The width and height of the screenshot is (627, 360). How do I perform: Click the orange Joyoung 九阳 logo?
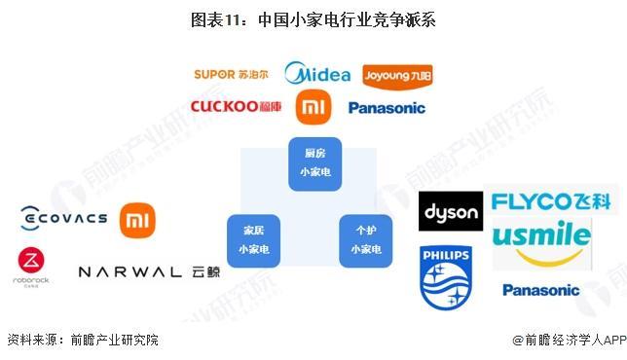coord(396,75)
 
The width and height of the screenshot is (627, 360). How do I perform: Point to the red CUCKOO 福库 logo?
coord(237,106)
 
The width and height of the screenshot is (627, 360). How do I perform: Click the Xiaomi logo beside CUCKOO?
coord(313,106)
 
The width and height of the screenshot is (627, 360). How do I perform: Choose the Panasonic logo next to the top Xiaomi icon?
coord(387,108)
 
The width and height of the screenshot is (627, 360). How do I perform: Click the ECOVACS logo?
coord(63,218)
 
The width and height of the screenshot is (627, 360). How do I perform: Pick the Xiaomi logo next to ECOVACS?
coord(137,219)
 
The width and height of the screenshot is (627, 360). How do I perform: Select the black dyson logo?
coord(450,211)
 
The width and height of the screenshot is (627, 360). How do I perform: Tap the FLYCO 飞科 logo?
coord(551,201)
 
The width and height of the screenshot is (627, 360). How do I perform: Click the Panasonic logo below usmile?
coord(540,290)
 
